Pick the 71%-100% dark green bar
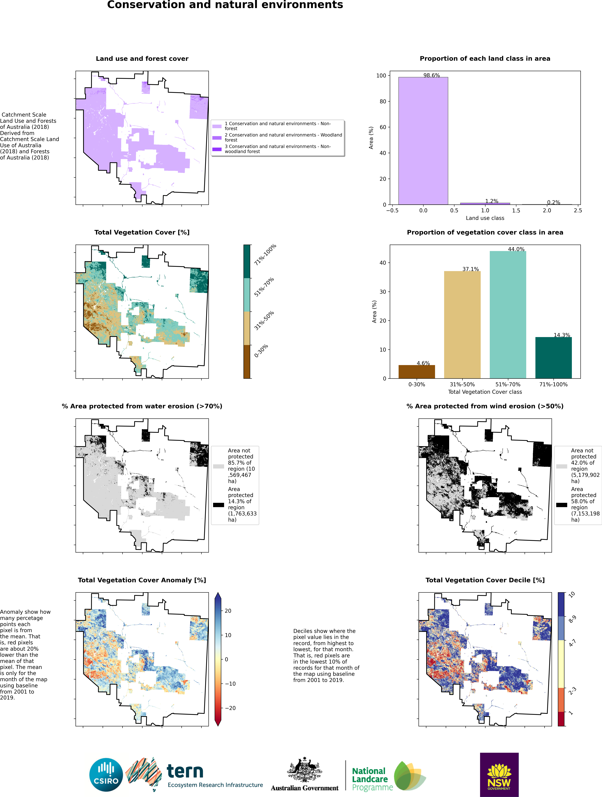[553, 357]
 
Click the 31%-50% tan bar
[462, 324]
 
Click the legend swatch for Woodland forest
[217, 138]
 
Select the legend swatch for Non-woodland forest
[217, 149]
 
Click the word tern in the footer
[185, 771]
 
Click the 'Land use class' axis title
[485, 218]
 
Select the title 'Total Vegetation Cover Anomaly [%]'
[142, 580]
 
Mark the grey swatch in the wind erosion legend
[561, 466]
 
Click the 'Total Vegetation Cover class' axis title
[485, 392]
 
